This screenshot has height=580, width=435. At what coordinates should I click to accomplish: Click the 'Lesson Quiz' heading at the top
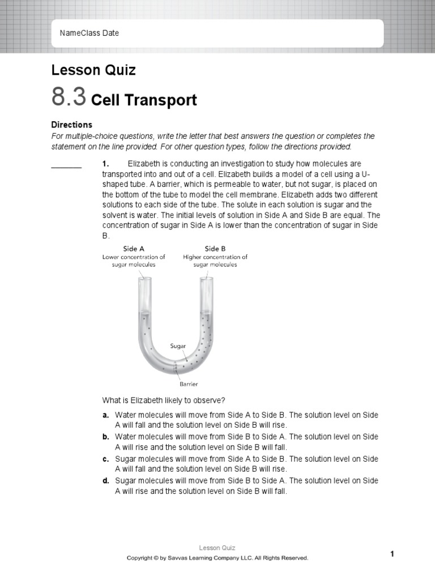(x=93, y=70)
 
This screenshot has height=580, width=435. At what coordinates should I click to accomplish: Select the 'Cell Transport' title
(x=144, y=100)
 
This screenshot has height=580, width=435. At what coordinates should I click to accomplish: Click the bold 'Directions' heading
(x=71, y=125)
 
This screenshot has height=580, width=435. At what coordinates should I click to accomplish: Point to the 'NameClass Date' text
(x=89, y=33)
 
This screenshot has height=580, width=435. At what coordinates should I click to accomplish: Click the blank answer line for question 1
(x=66, y=167)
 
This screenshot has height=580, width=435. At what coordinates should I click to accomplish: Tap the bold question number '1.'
(x=105, y=164)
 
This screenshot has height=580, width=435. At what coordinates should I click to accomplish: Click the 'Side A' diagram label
(x=134, y=249)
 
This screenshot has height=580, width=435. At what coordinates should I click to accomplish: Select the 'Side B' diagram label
(x=215, y=249)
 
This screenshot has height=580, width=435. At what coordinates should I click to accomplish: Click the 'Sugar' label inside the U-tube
(x=178, y=346)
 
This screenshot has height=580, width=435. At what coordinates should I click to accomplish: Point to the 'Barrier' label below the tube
(x=189, y=383)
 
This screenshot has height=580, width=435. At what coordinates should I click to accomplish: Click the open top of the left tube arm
(x=144, y=279)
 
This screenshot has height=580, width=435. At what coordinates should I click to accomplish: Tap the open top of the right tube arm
(x=206, y=279)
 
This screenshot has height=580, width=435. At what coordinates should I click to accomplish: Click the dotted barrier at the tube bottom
(x=176, y=368)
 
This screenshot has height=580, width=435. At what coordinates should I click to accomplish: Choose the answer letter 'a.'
(x=106, y=415)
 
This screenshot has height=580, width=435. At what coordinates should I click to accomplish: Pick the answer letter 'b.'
(x=106, y=437)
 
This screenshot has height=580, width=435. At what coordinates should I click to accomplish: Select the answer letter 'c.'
(x=106, y=459)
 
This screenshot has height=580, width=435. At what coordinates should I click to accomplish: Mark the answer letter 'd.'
(x=106, y=481)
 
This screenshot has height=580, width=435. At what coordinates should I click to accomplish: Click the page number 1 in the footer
(x=391, y=554)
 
